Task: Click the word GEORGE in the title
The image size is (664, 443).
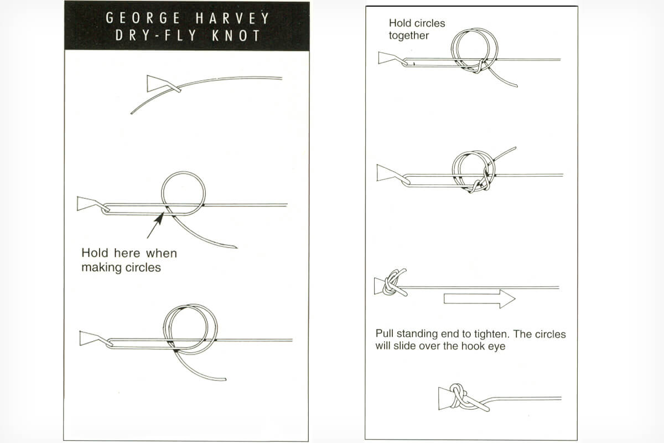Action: [143, 18]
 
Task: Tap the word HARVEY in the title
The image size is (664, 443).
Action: [232, 18]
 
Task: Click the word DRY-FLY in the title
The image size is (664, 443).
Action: [156, 35]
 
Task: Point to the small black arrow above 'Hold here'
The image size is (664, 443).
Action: [155, 225]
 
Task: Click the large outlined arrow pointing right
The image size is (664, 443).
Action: [479, 299]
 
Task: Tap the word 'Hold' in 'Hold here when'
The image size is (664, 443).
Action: [95, 253]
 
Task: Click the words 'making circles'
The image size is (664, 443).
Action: [121, 267]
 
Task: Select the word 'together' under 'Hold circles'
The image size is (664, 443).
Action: [409, 35]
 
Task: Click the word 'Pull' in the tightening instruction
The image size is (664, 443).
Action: [385, 334]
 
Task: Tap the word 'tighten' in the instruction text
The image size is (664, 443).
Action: [491, 334]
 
